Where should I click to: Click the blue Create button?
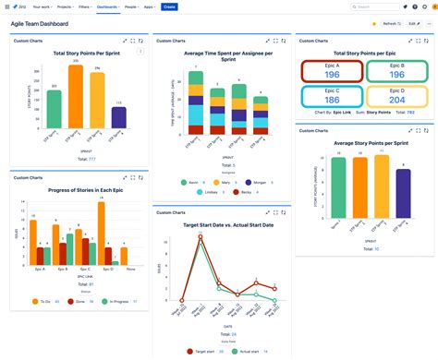(169, 6)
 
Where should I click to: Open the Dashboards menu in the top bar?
(108, 6)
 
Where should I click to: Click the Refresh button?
(391, 23)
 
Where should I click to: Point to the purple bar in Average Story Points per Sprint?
(403, 198)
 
